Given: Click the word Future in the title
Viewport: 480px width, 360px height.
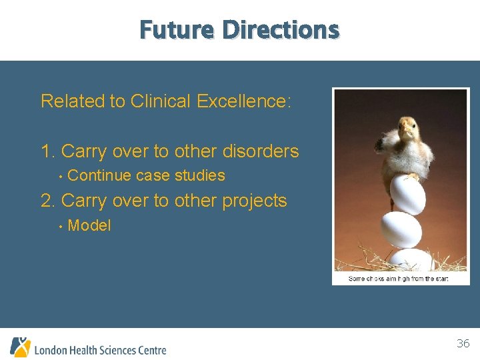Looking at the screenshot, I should pos(177,30).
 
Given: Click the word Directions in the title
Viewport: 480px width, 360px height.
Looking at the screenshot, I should pos(281,30).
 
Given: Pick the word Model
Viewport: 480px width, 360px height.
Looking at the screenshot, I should pos(89,225).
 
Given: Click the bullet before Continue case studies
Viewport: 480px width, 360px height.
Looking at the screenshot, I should pos(60,177).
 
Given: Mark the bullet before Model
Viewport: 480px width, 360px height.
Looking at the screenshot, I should pos(60,226).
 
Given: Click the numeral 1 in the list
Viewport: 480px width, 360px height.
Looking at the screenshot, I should pos(46,151).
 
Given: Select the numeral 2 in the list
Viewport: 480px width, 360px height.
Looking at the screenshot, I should pos(46,201).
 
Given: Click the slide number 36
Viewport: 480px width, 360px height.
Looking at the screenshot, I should pos(463,344).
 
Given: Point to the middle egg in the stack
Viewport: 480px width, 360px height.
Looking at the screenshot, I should pos(401,230).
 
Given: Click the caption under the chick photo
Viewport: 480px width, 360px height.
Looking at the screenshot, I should pos(399,279).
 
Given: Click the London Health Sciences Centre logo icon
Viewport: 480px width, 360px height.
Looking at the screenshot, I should pos(20,347).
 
